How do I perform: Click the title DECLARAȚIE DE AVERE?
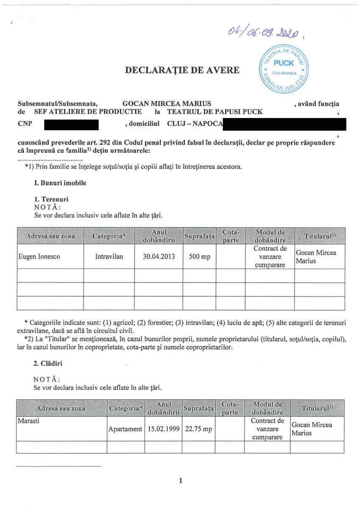tap(182, 70)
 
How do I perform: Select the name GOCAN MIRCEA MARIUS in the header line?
tap(167, 103)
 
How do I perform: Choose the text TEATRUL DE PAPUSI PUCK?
tap(215, 112)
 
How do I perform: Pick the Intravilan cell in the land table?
tap(109, 256)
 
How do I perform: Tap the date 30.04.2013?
tap(158, 256)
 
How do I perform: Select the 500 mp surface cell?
tap(199, 256)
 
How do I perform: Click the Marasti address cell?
tap(28, 421)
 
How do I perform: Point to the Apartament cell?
tap(125, 429)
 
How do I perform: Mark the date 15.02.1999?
tap(162, 429)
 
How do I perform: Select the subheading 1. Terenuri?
tap(51, 199)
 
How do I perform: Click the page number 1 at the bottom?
tap(180, 481)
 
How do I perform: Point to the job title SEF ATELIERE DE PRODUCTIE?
tap(88, 112)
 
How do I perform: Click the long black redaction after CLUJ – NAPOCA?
tap(285, 125)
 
